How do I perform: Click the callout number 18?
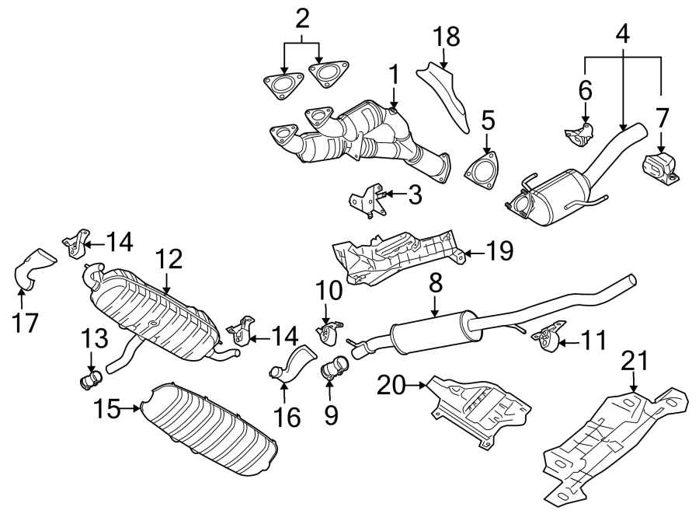tap(447, 36)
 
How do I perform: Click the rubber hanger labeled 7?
tap(659, 167)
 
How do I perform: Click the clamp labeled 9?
tap(333, 366)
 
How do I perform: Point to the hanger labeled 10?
tap(328, 332)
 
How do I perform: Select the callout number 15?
tap(110, 407)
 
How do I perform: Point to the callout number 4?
tap(624, 34)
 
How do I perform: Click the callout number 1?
tap(394, 76)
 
